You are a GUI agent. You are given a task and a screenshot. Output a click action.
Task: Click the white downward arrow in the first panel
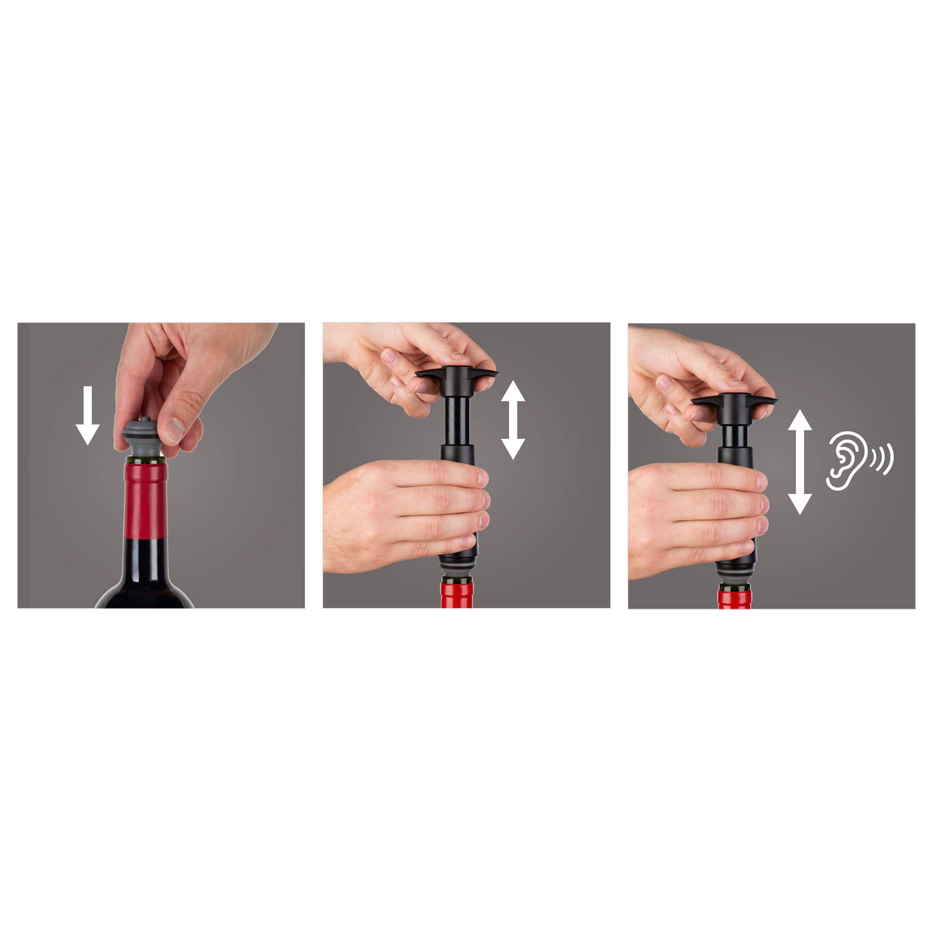click(87, 415)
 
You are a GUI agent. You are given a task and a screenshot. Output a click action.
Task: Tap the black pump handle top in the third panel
click(734, 401)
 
